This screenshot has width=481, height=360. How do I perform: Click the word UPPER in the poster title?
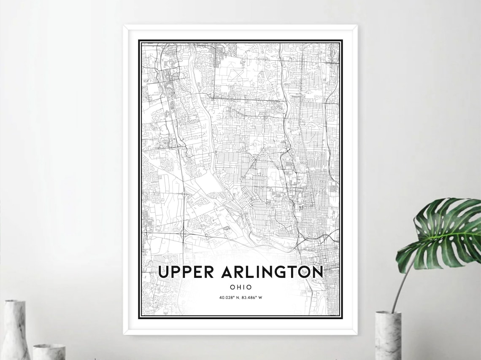click(x=185, y=272)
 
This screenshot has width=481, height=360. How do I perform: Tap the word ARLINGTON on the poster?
click(x=272, y=272)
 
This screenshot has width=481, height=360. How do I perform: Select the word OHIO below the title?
click(x=241, y=287)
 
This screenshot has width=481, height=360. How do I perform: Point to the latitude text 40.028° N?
click(x=229, y=298)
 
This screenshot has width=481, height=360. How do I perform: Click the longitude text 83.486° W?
click(x=252, y=298)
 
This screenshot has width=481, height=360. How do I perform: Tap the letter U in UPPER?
click(x=163, y=272)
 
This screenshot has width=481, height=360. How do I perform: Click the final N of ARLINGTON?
click(x=317, y=272)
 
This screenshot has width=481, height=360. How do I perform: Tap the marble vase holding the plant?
click(x=388, y=335)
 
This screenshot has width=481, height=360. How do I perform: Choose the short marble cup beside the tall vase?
click(x=49, y=352)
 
